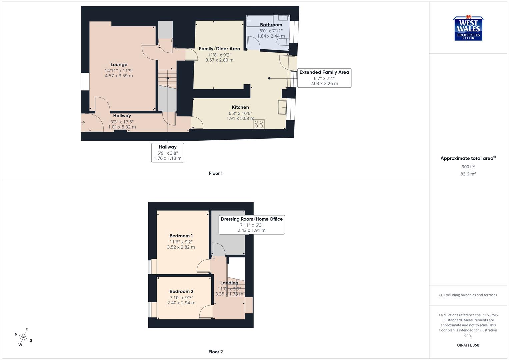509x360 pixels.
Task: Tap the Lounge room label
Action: (x=119, y=65)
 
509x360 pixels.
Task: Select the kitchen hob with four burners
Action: (x=259, y=124)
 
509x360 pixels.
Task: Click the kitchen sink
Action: (x=282, y=107)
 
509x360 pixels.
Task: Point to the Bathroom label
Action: (x=271, y=25)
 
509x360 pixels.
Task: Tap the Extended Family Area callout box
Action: (x=324, y=78)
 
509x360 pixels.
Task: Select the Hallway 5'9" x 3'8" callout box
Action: (x=168, y=152)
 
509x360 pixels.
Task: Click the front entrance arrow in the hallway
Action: (x=83, y=123)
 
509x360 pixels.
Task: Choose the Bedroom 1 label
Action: (x=181, y=236)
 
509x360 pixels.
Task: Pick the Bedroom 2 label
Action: (x=181, y=291)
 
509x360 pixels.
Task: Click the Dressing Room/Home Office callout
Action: (x=252, y=224)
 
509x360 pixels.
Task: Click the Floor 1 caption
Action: (x=216, y=173)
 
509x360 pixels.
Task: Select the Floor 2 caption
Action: (x=216, y=352)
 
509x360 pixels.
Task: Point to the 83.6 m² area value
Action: (x=468, y=174)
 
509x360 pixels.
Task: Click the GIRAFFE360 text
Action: (x=468, y=345)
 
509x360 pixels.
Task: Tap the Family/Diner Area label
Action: (x=219, y=49)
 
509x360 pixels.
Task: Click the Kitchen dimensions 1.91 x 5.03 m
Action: (x=240, y=118)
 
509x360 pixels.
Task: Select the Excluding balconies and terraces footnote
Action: (x=468, y=295)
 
